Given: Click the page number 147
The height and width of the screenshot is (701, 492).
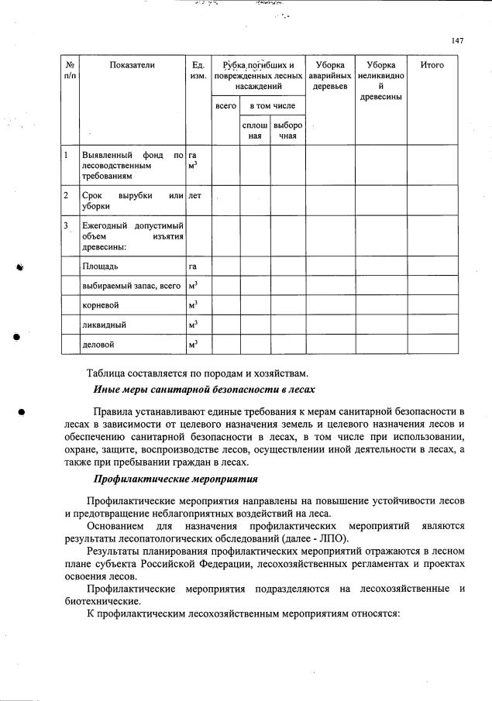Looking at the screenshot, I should [456, 41].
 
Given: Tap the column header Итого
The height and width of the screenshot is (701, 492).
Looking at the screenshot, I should [432, 66].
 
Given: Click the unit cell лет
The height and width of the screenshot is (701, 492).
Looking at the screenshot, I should [195, 196].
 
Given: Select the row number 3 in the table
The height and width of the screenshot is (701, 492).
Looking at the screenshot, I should [67, 225].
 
